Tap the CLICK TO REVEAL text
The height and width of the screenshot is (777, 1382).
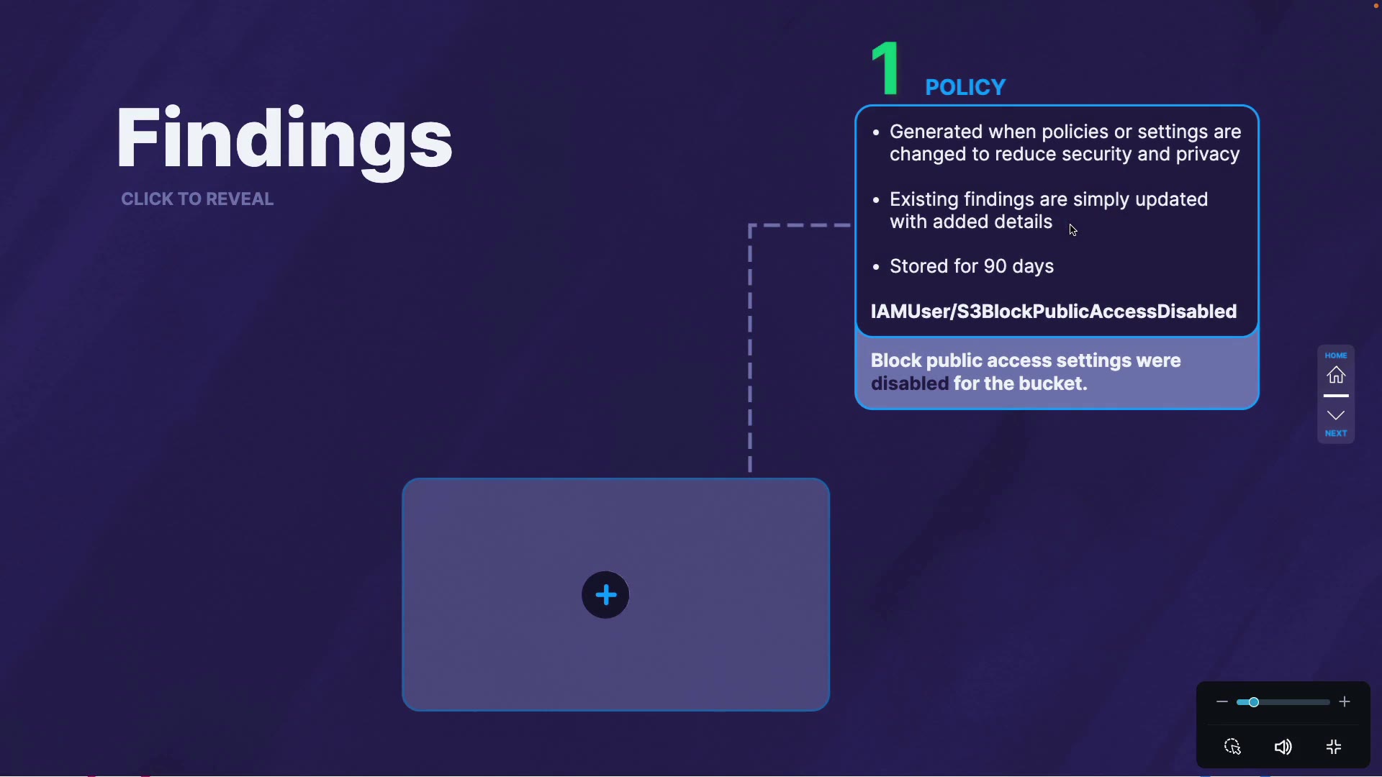click(x=197, y=199)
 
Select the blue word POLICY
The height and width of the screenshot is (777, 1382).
click(x=965, y=87)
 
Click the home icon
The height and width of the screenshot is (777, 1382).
click(x=1336, y=375)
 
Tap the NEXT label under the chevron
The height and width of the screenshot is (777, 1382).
click(x=1336, y=433)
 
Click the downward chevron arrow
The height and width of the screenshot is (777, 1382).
click(x=1336, y=415)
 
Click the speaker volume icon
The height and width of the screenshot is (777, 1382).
click(x=1283, y=747)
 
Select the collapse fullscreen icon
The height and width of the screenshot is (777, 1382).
click(x=1334, y=747)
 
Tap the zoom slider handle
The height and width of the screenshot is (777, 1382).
click(x=1253, y=702)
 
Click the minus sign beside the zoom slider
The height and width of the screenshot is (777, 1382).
click(x=1221, y=702)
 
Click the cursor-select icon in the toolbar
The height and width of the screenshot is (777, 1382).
click(x=1233, y=747)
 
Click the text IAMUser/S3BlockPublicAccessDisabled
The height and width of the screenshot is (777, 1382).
click(x=1054, y=312)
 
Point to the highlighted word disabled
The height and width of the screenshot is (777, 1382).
click(x=910, y=383)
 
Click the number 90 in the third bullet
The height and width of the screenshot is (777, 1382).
click(x=995, y=266)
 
